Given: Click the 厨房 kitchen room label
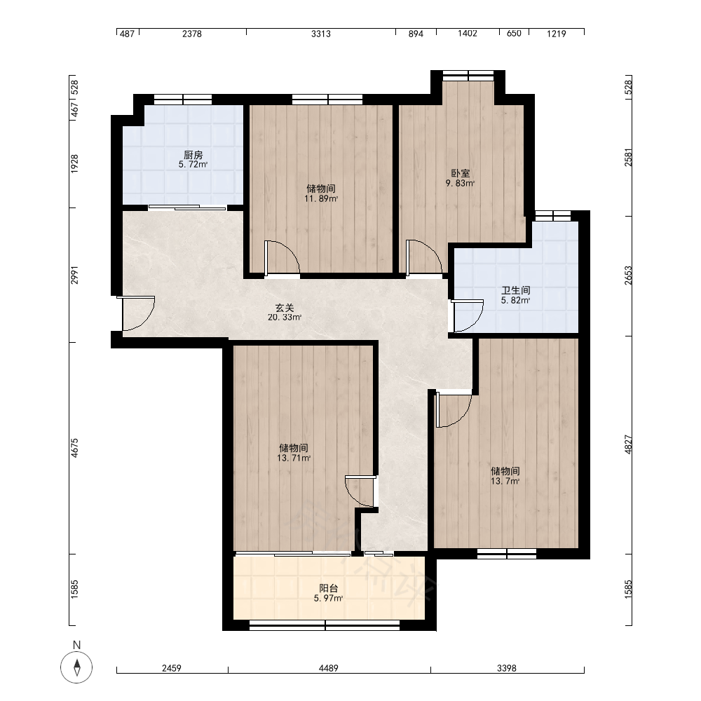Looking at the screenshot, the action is (193, 155).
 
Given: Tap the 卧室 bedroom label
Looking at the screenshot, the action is (461, 173).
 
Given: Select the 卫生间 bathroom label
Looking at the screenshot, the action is (516, 291).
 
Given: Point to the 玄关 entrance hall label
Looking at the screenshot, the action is (285, 308).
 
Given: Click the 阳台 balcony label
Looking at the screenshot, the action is (329, 588).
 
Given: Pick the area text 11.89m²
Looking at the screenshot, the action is (321, 198).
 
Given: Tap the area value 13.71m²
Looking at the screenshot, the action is (294, 458).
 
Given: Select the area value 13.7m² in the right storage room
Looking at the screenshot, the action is (505, 481).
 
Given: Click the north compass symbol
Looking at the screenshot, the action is (76, 667).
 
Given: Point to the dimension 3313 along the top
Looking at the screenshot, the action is (321, 34).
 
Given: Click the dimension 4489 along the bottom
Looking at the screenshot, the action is (329, 668).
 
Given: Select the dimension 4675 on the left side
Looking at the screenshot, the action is (74, 447).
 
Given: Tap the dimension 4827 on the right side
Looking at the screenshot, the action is (628, 445).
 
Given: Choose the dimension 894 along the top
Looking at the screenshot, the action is (416, 34).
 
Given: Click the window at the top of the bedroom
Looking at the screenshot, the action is (468, 75).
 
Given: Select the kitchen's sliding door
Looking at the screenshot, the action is (187, 207).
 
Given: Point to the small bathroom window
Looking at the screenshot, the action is (553, 216).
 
